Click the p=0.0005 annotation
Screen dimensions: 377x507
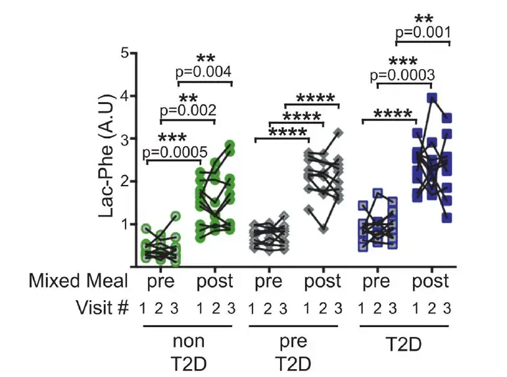click(x=172, y=152)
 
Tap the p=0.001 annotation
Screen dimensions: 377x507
click(x=423, y=32)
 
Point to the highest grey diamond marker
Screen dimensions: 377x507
click(x=339, y=133)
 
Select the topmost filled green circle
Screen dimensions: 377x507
click(x=230, y=145)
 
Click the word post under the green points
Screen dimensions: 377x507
click(x=215, y=282)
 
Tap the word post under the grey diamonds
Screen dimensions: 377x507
click(x=322, y=282)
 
